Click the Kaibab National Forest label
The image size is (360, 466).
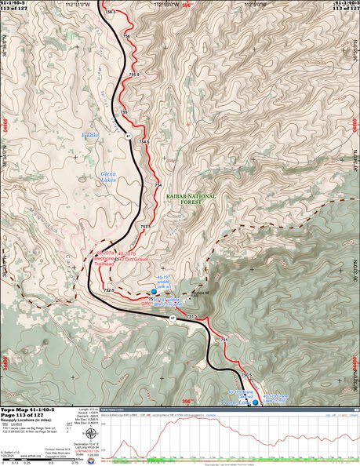(188, 196)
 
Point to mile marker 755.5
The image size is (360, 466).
(133, 75)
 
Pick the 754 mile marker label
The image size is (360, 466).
(158, 185)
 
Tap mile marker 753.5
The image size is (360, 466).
(145, 228)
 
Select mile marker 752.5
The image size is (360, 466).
(109, 290)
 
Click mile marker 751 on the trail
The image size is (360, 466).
(224, 339)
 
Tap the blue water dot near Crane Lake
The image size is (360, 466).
(254, 402)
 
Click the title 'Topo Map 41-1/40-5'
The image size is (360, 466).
(28, 410)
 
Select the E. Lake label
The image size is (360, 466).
(90, 135)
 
